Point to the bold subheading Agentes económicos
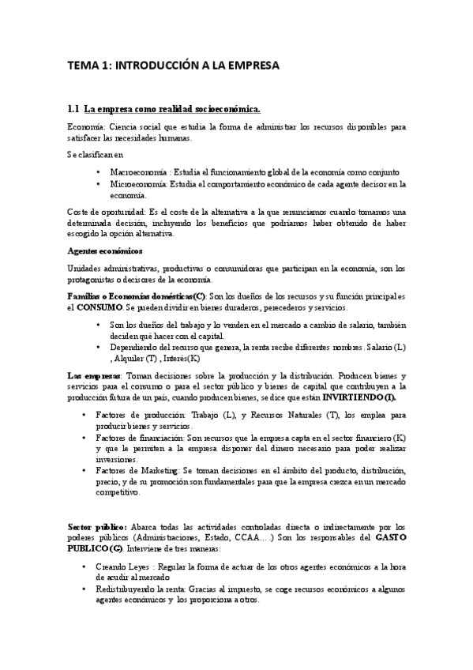tap(103, 250)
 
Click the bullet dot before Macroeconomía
tap(97, 171)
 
